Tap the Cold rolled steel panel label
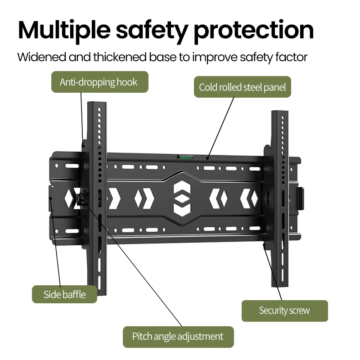pyautogui.click(x=243, y=87)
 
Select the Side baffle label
pyautogui.click(x=64, y=294)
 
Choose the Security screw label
pyautogui.click(x=285, y=310)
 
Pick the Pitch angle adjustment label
pyautogui.click(x=178, y=337)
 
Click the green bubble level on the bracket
pyautogui.click(x=185, y=157)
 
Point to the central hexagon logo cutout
pyautogui.click(x=182, y=198)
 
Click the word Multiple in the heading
pyautogui.click(x=64, y=31)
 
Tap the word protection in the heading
pyautogui.click(x=254, y=31)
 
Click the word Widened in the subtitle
pyautogui.click(x=42, y=57)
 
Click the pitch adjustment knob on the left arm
pyautogui.click(x=80, y=198)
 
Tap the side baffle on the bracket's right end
pyautogui.click(x=301, y=199)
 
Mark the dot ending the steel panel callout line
pyautogui.click(x=207, y=158)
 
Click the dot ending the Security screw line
pyautogui.click(x=264, y=245)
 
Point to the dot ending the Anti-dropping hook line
pyautogui.click(x=83, y=145)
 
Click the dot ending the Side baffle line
pyautogui.click(x=50, y=198)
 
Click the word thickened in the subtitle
pyautogui.click(x=120, y=57)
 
